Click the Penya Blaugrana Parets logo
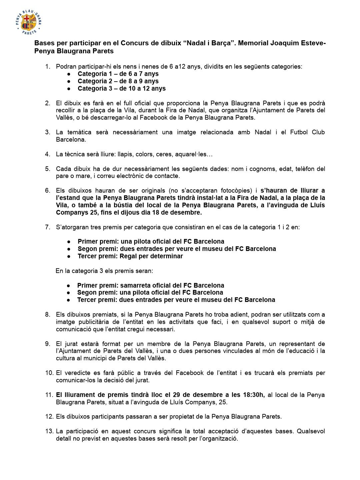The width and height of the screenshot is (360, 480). pos(28,22)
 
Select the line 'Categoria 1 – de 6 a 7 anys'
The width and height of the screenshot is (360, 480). pos(118,74)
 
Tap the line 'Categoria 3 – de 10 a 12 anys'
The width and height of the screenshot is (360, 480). pos(121,88)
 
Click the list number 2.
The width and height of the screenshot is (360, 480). pos(48,103)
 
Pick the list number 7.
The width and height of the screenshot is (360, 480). pos(48,227)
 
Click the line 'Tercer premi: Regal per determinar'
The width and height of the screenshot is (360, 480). pos(130,256)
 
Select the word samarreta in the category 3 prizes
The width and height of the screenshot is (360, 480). pos(135,285)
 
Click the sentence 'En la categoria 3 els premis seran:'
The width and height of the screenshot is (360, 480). pos(104,271)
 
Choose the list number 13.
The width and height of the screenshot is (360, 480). pos(49,431)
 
